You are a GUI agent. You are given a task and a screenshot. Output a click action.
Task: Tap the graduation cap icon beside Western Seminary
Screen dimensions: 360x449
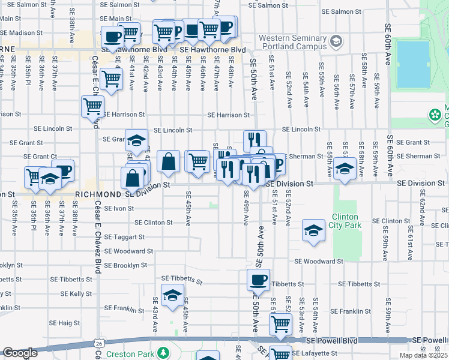[x=336, y=41]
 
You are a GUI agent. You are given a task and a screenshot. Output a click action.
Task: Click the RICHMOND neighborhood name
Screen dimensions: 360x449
[x=98, y=195]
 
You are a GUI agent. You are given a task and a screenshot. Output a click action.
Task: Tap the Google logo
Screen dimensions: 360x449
[x=19, y=353]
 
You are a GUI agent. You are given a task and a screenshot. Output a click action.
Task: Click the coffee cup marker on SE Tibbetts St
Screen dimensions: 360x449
[x=259, y=280]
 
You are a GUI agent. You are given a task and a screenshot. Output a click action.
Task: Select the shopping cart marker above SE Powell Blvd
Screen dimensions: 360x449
[x=280, y=325]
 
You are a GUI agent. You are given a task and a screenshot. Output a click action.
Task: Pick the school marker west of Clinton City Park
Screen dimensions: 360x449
[x=313, y=231]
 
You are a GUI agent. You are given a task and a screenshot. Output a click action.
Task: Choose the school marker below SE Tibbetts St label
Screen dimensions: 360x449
[x=172, y=296]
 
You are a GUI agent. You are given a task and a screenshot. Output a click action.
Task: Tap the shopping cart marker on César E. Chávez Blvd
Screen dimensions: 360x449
[x=92, y=107]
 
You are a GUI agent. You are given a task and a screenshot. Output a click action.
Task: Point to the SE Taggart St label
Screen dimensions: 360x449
[x=124, y=237]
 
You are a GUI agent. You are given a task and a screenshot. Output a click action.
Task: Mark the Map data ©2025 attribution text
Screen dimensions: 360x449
[x=423, y=355]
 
